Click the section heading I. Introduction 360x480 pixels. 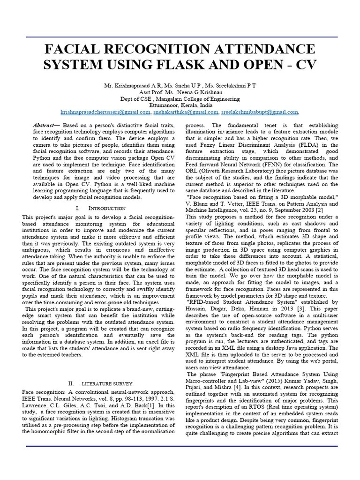click(x=100, y=208)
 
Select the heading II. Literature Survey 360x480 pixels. click(x=99, y=383)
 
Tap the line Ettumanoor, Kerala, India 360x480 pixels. click(x=180, y=105)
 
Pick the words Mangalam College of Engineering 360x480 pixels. click(x=204, y=99)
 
